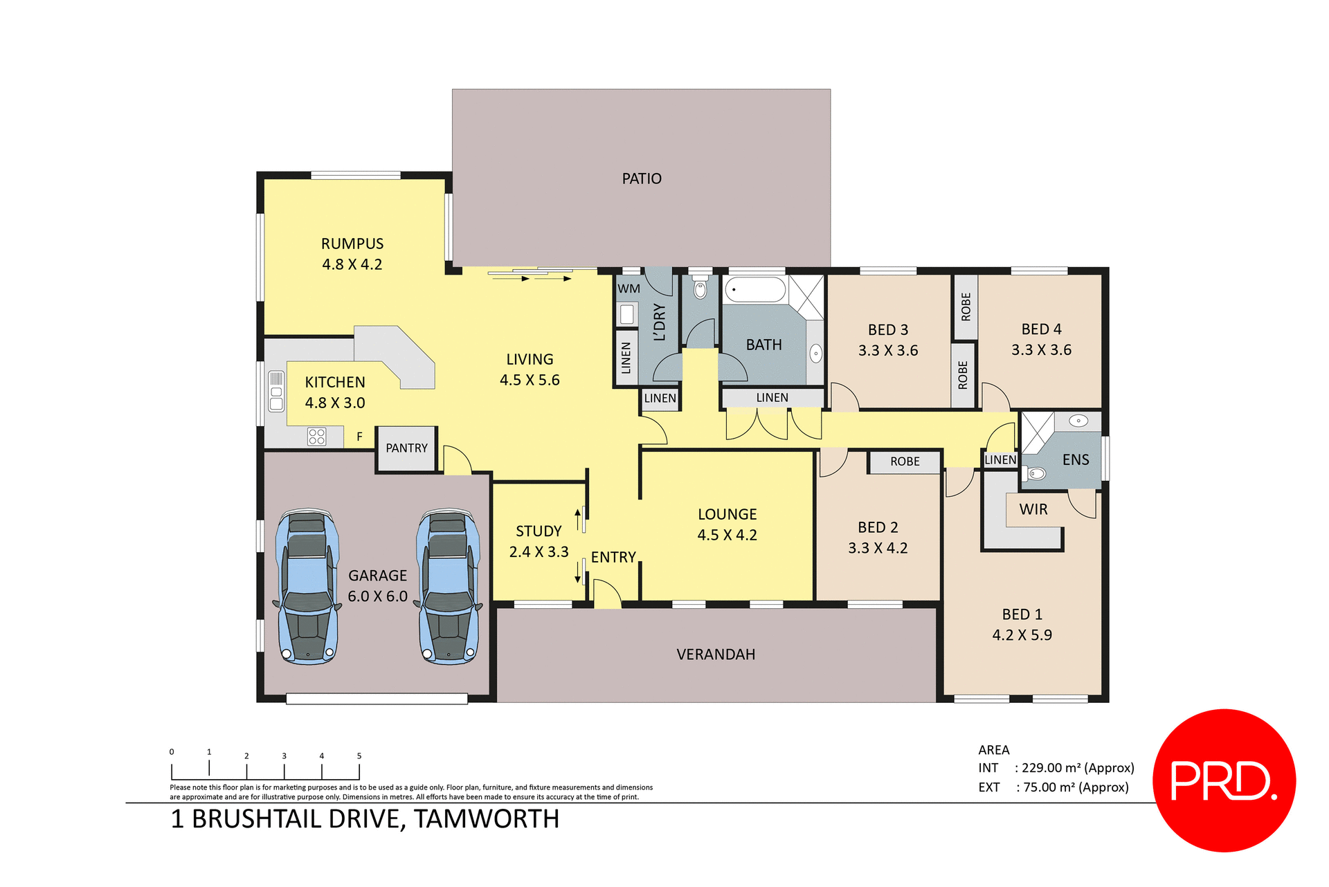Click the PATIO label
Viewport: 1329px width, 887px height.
pyautogui.click(x=642, y=179)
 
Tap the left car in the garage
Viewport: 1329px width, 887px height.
pyautogui.click(x=307, y=587)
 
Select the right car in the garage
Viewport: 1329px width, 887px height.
pyautogui.click(x=449, y=587)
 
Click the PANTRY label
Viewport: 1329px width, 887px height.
pyautogui.click(x=406, y=448)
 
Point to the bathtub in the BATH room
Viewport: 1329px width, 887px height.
pyautogui.click(x=754, y=290)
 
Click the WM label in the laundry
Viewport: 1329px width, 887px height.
pyautogui.click(x=629, y=289)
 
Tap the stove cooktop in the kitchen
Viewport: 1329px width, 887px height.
pyautogui.click(x=316, y=436)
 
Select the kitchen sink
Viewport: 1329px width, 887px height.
pyautogui.click(x=276, y=392)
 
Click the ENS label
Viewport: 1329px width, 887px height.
pyautogui.click(x=1076, y=460)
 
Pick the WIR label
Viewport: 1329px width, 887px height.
pyautogui.click(x=1033, y=510)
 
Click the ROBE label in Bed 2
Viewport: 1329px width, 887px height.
pyautogui.click(x=905, y=461)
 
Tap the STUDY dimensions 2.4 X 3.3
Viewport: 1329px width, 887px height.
pyautogui.click(x=539, y=552)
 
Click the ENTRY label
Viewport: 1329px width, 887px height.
pyautogui.click(x=613, y=558)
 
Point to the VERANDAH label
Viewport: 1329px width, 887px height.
pyautogui.click(x=716, y=655)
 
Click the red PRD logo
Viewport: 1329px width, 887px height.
pyautogui.click(x=1224, y=780)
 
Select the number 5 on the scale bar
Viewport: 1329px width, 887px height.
pyautogui.click(x=359, y=756)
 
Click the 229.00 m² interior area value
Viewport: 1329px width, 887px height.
pyautogui.click(x=1051, y=768)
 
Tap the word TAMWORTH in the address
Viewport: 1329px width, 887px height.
pyautogui.click(x=487, y=819)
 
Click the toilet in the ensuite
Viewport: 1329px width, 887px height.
pyautogui.click(x=1035, y=474)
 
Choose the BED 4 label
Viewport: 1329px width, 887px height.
pyautogui.click(x=1041, y=329)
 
